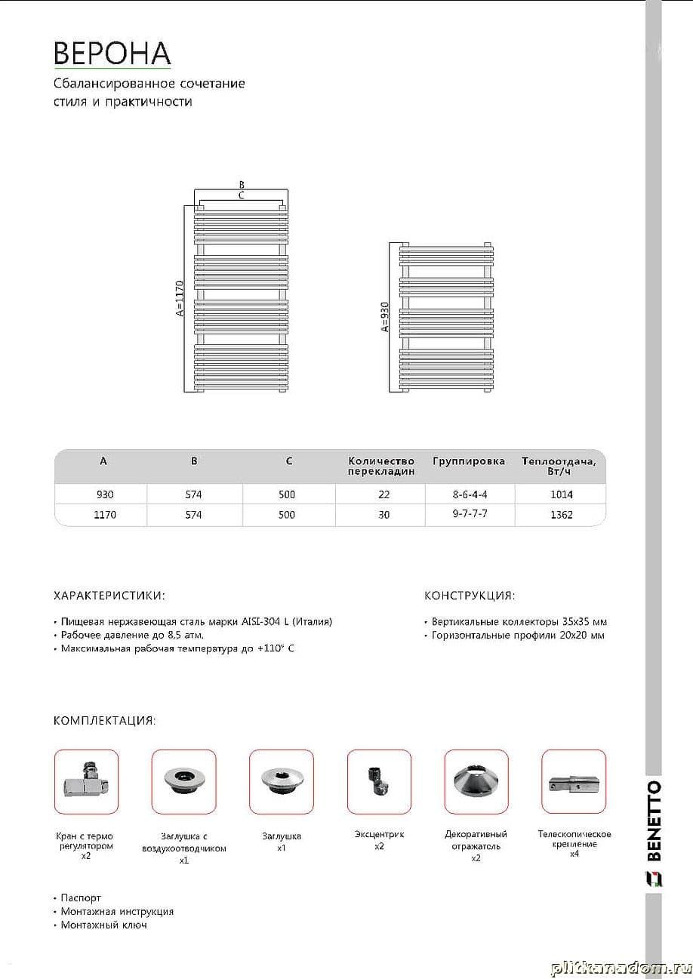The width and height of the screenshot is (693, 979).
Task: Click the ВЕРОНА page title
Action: pos(112,53)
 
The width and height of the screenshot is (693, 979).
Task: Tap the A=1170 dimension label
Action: pos(180,298)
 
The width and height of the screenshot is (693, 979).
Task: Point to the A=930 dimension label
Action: pos(384,317)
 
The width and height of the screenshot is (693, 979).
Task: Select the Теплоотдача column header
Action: pos(559,466)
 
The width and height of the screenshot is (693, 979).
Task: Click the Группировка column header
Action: pos(468,461)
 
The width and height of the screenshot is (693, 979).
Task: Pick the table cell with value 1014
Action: pos(562,495)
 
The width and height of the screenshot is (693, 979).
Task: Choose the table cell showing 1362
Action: pos(562,515)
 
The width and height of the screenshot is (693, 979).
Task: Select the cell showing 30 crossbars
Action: pos(384,515)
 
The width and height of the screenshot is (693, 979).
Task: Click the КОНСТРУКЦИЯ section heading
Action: pos(470,596)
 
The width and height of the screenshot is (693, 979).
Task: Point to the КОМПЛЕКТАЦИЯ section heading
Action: pos(105,721)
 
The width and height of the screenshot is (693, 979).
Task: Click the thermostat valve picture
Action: pos(86,781)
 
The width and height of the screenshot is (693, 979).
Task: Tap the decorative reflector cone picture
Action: pos(476,781)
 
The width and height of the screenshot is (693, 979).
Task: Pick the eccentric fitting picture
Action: pos(377,781)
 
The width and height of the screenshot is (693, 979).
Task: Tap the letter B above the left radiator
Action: pos(242,185)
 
